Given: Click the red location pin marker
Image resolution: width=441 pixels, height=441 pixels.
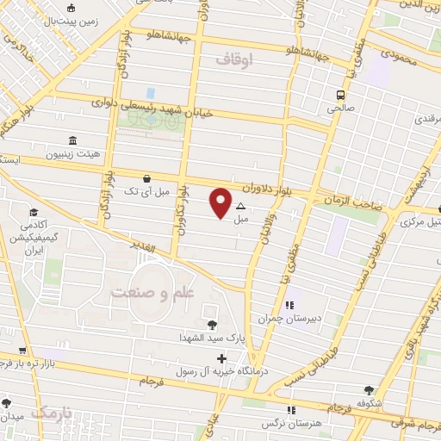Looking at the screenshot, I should [x=220, y=202].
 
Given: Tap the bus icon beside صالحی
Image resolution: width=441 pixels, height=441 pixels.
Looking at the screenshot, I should [x=341, y=95].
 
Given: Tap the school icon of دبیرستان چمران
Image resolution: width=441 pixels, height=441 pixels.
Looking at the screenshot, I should [x=290, y=305].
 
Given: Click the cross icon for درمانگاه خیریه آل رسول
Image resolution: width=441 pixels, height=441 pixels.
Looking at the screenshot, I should [x=221, y=358].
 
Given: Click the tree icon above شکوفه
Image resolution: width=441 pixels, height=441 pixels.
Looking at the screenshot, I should [x=370, y=390].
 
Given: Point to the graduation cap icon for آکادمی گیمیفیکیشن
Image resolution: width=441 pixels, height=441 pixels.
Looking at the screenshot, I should [x=34, y=212].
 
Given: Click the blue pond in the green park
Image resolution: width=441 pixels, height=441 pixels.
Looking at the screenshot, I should [x=151, y=93].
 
